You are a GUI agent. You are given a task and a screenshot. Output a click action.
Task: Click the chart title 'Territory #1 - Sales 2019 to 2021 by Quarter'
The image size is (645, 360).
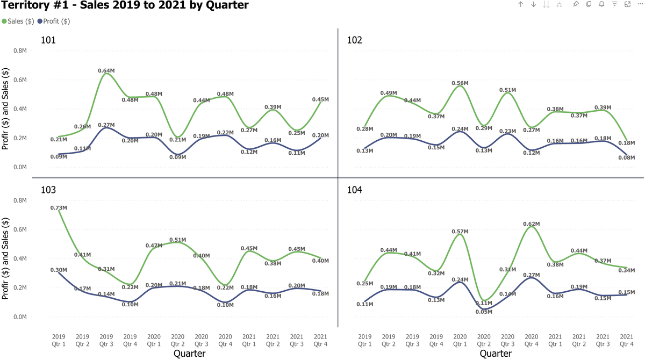[x=125, y=6]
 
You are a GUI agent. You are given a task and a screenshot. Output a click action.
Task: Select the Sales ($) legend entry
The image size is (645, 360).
[x=18, y=21]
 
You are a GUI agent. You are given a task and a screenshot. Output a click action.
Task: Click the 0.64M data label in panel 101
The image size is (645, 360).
[x=106, y=70]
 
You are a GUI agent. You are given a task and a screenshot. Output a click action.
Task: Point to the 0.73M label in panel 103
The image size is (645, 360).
[x=59, y=208]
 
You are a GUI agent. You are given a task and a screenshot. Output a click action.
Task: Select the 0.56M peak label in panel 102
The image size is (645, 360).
[x=460, y=83]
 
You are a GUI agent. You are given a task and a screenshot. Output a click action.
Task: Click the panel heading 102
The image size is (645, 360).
[x=355, y=40]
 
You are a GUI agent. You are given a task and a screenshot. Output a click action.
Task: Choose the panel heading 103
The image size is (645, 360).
[x=48, y=190]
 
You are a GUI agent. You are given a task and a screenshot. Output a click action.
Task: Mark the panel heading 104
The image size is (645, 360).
[x=355, y=190]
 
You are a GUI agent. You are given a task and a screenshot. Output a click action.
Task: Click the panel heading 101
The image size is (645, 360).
[x=48, y=40]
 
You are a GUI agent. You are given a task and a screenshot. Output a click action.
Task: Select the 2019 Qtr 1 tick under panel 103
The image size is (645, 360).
[x=59, y=340]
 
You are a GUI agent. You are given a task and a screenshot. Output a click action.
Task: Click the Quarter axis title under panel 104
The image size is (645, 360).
[x=496, y=353]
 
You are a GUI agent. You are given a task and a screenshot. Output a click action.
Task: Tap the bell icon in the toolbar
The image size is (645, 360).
[x=601, y=4]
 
